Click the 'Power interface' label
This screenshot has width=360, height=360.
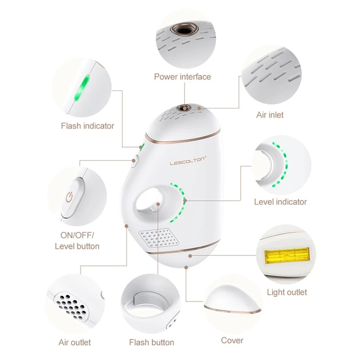coord(182,76)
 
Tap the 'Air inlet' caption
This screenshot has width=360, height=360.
coord(269,115)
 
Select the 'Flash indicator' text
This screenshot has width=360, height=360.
coord(87,126)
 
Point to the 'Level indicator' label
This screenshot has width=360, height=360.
coord(280,202)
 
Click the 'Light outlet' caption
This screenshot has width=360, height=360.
coord(287,292)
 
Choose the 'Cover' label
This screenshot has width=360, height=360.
coord(232,340)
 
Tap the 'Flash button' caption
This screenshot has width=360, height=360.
coord(151,342)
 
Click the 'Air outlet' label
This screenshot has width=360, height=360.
coord(74,342)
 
